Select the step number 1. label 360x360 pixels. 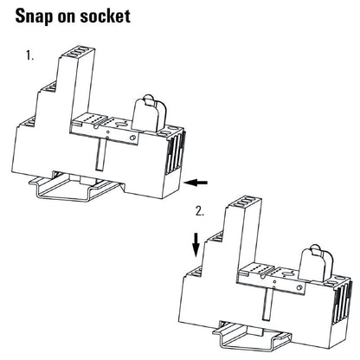30,56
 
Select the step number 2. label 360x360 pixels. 201,210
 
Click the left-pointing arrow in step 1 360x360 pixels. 199,182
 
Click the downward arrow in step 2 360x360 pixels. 197,243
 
